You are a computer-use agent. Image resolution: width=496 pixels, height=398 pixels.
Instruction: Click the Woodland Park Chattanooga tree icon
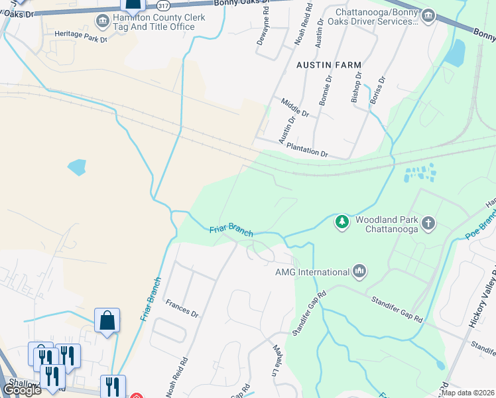coord(342,221)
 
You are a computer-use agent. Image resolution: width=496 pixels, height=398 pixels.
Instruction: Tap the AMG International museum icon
coord(360,271)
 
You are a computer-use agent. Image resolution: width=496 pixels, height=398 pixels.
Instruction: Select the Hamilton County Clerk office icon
coord(103,21)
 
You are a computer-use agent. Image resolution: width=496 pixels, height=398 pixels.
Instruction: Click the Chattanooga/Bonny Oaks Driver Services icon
coord(428,15)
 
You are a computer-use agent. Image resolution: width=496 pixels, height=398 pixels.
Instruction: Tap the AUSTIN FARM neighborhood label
coord(329,65)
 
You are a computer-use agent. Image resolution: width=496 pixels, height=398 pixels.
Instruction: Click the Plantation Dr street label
coord(306,153)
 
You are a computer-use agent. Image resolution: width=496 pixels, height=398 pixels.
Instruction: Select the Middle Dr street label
coord(295,109)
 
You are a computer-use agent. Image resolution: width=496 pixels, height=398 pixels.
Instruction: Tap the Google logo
coord(22,390)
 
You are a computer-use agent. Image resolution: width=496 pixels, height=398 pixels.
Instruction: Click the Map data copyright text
coord(467,393)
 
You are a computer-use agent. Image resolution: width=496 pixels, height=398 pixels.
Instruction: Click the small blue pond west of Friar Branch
coord(76,166)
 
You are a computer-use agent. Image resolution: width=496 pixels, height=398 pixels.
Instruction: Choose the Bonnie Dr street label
coord(326,89)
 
